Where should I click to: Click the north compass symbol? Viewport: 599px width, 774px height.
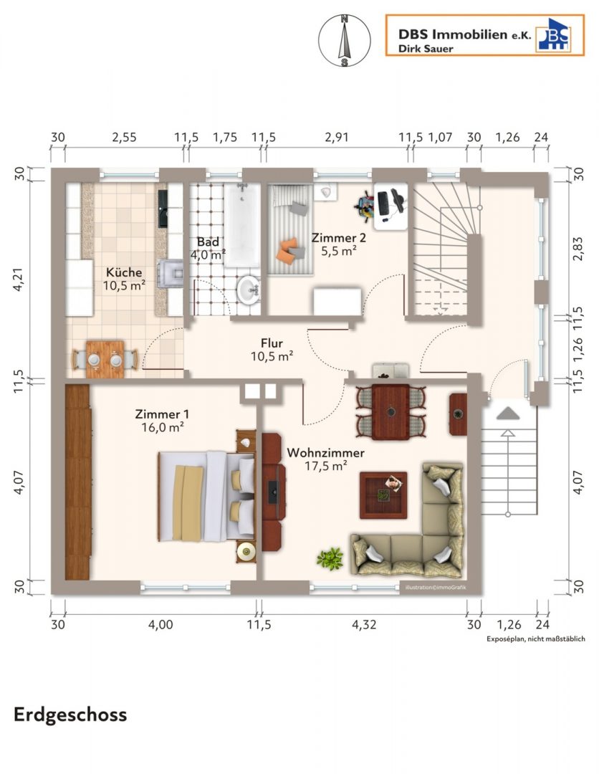(344, 40)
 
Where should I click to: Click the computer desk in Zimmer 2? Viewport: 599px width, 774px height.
(390, 206)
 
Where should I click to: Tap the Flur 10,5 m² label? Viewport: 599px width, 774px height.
(272, 350)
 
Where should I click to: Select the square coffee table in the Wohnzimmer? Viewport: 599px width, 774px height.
(383, 495)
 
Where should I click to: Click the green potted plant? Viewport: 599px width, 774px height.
(330, 558)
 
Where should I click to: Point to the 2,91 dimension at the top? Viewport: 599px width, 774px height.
(337, 137)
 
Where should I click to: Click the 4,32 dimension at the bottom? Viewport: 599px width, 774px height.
(364, 624)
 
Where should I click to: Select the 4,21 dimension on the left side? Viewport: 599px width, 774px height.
(18, 279)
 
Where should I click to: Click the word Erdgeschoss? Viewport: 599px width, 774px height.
(70, 715)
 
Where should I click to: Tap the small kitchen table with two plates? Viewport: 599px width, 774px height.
(105, 359)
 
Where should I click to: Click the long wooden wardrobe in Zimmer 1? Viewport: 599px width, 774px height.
(77, 482)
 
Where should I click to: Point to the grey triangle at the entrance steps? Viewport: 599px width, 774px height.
(508, 414)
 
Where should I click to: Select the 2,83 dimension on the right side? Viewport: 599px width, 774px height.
(578, 248)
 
